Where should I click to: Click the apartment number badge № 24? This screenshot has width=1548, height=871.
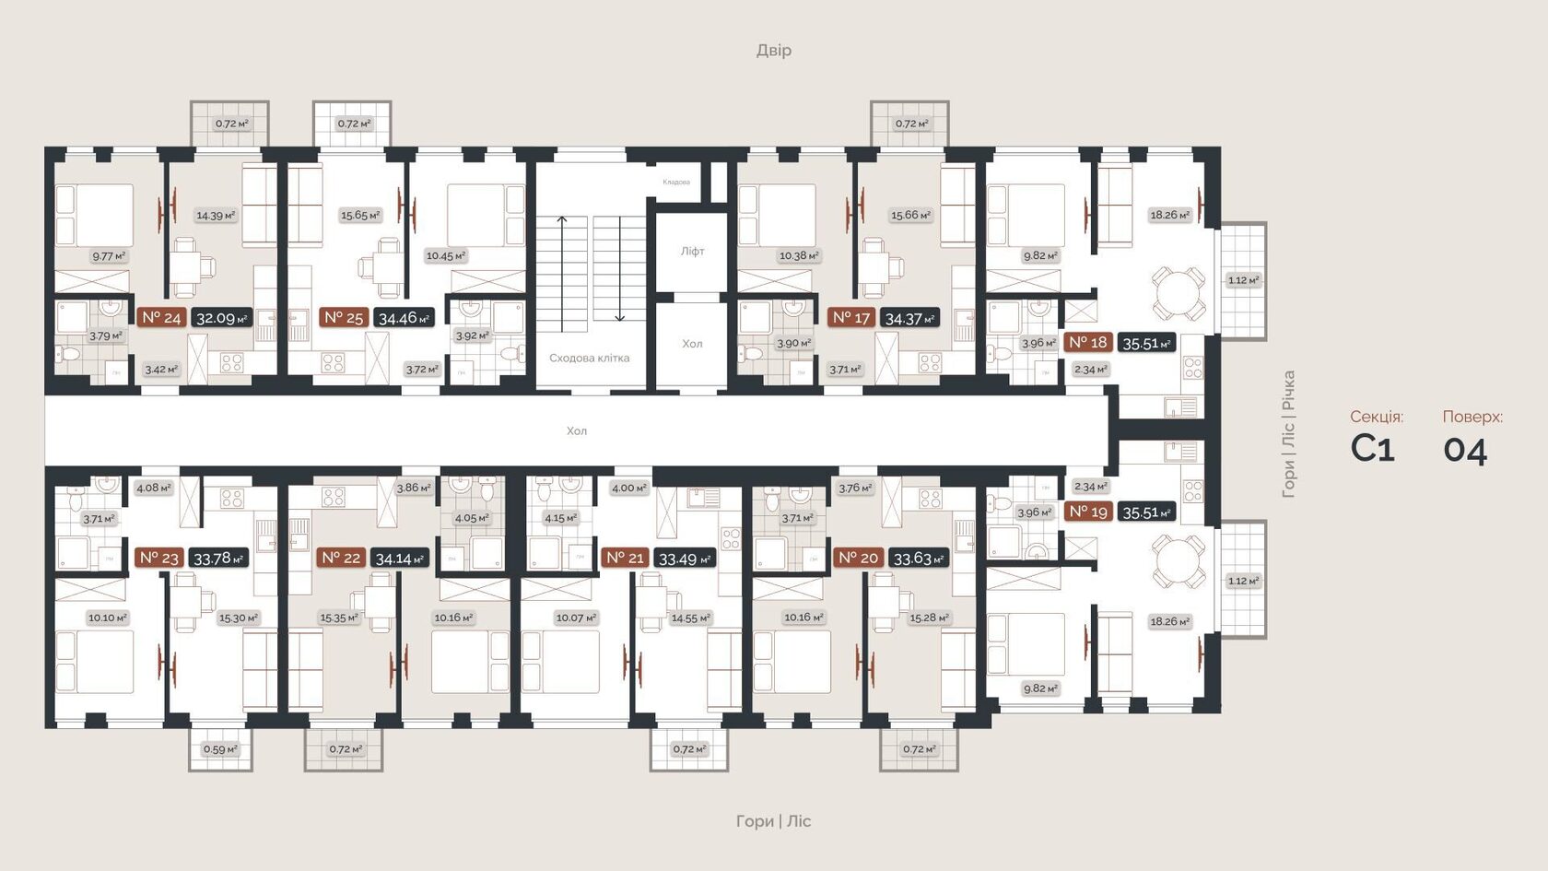pos(161,318)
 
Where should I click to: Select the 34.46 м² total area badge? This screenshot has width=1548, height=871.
pos(404,318)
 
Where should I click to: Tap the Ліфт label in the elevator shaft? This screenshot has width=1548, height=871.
pos(692,251)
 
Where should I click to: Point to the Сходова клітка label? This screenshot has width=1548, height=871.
pos(589,358)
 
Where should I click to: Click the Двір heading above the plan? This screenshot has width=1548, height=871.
pos(773,50)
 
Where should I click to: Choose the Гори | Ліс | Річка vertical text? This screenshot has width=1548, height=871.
pos(1288,433)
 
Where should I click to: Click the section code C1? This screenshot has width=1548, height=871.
pos(1372,449)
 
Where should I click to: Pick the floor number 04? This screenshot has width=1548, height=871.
pos(1465,450)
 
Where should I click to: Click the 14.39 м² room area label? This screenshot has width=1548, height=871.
pos(216,216)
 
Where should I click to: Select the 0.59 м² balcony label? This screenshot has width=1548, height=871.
pos(220,749)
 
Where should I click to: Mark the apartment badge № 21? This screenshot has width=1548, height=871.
pos(625,558)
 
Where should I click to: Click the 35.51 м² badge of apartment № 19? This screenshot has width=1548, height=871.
pos(1146,512)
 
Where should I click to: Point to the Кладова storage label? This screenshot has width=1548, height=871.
pos(676,182)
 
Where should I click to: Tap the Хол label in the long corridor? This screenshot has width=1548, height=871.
pos(577,430)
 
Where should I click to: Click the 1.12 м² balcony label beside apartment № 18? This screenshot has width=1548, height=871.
pos(1243,280)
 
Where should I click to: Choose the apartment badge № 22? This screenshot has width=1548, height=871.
pos(341,558)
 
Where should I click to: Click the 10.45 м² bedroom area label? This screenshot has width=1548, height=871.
pos(446,255)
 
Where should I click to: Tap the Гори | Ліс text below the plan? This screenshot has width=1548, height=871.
pos(773,820)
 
